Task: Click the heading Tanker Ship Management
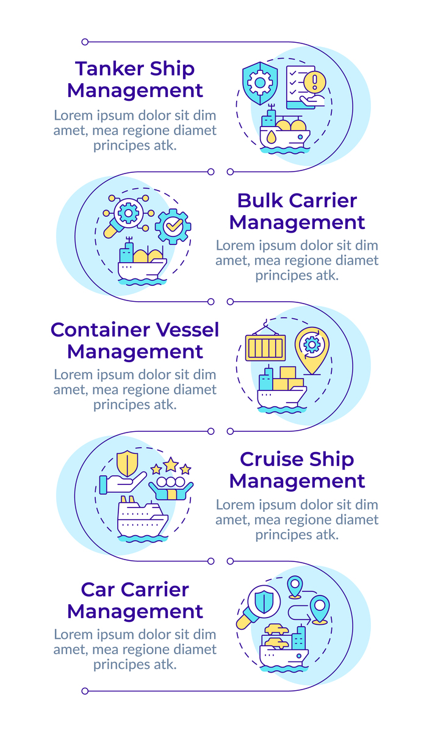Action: (135, 79)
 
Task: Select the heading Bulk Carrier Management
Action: (297, 211)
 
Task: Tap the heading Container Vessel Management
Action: (135, 340)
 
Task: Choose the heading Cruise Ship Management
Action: (297, 470)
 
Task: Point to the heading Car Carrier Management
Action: (135, 600)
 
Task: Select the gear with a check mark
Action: (173, 227)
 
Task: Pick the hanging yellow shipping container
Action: (265, 348)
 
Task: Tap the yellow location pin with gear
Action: (311, 349)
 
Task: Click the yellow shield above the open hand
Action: (127, 462)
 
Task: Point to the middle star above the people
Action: (171, 465)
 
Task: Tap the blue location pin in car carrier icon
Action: (319, 608)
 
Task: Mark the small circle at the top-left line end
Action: (85, 42)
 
